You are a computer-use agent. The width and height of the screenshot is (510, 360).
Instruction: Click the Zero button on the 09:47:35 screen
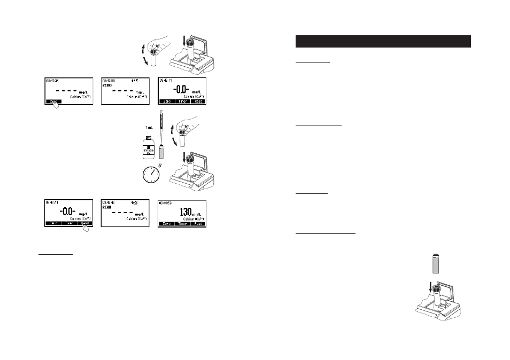[52, 100]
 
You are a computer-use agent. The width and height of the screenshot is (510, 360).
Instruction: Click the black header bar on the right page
[383, 42]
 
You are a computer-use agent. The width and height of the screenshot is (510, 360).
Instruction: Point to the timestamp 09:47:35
[53, 80]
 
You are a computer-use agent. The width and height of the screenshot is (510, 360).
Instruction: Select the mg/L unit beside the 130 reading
[196, 215]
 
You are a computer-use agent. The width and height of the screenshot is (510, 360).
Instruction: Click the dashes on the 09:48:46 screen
[121, 212]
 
